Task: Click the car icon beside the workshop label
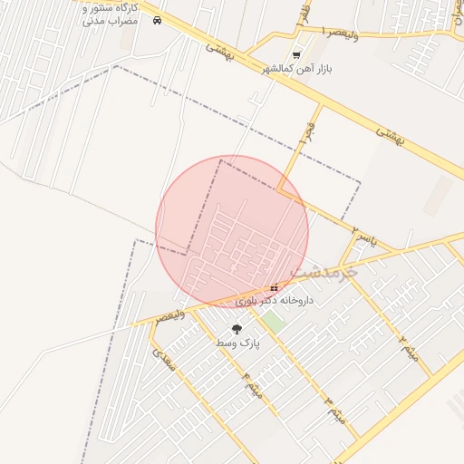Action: click(x=158, y=20)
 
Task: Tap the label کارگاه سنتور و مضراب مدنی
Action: click(x=110, y=14)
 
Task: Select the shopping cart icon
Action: click(x=296, y=55)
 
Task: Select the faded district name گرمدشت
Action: click(x=324, y=271)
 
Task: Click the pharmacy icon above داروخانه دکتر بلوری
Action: click(x=274, y=287)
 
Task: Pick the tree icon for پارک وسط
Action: click(x=237, y=330)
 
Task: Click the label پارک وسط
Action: click(x=237, y=344)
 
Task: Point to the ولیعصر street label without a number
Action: click(x=170, y=315)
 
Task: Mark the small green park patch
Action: click(x=275, y=321)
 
